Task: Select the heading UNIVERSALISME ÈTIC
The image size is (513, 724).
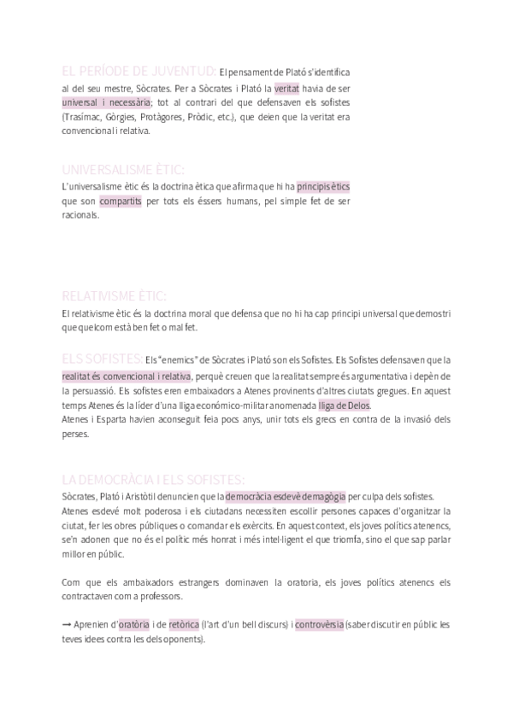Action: tap(123, 169)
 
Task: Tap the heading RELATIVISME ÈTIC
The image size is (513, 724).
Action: tap(115, 295)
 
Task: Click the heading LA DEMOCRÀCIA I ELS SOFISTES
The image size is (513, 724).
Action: tap(154, 479)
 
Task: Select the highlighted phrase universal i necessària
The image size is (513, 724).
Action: tap(106, 102)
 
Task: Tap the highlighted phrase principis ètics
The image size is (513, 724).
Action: tap(323, 186)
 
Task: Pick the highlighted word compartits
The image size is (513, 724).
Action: tap(121, 201)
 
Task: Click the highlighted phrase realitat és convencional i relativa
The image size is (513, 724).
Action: tap(126, 376)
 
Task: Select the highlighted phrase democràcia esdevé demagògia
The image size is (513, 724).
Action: tap(286, 495)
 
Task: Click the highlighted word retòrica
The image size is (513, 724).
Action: tap(184, 624)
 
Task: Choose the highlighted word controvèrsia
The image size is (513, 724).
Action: tap(320, 624)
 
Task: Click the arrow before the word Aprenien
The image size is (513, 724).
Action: tap(67, 624)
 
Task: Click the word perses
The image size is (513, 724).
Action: tap(75, 434)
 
